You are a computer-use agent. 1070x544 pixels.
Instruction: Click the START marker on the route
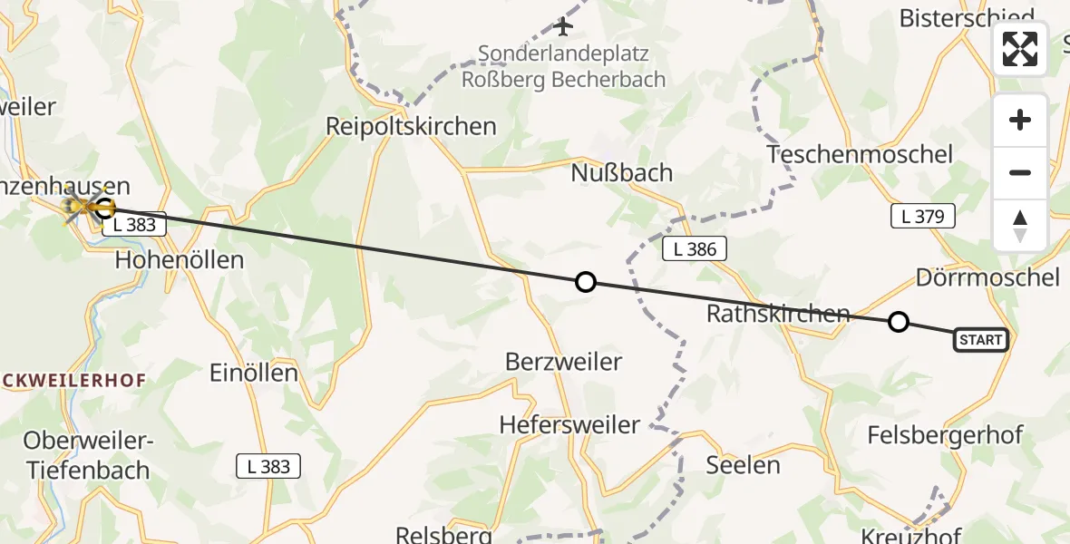[980, 340]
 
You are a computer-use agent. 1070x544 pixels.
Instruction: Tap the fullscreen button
[1020, 49]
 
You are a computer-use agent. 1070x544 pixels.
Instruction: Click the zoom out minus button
[1020, 172]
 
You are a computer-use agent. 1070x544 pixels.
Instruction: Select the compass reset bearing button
[1020, 225]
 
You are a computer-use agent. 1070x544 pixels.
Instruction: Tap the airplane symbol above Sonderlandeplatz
[563, 26]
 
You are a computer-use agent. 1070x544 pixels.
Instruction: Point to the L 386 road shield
[695, 249]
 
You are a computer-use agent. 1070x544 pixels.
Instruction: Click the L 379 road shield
[922, 216]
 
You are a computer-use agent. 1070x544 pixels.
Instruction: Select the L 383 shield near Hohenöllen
[134, 226]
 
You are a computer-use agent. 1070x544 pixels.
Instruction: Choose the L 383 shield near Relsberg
[268, 466]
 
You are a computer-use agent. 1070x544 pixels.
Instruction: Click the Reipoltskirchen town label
[412, 127]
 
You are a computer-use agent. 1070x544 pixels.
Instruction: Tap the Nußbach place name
[622, 172]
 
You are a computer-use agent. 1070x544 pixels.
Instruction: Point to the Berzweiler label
[563, 362]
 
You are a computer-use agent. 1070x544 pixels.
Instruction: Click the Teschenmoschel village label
[860, 154]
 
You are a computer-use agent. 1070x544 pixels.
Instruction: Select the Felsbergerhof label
[945, 434]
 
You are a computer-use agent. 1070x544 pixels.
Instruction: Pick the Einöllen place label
[253, 373]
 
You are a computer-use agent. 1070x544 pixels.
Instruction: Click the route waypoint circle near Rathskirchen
[898, 321]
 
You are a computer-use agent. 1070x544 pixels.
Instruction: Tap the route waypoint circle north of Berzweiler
[586, 282]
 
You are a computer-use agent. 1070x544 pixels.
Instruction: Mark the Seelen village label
[744, 465]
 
